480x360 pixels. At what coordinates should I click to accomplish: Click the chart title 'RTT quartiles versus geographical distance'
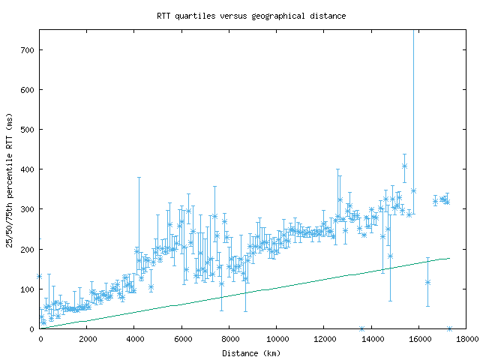[x=251, y=16]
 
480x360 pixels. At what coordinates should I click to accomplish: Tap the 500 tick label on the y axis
[x=28, y=129]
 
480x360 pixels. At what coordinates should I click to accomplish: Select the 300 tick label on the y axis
[x=28, y=208]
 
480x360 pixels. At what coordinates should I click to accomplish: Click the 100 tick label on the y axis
[x=28, y=289]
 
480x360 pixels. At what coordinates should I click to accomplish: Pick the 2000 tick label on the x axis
[x=87, y=338]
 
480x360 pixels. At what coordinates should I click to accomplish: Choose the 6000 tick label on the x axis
[x=181, y=338]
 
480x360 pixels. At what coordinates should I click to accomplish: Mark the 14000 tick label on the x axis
[x=371, y=338]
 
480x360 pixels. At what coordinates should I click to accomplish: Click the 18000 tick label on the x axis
[x=466, y=338]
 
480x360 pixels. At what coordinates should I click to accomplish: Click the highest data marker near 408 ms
[x=404, y=166]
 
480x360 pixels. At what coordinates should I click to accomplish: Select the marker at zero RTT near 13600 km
[x=361, y=328]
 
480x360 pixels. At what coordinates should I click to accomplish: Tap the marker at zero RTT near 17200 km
[x=449, y=328]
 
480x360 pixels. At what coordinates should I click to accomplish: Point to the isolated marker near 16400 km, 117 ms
[x=427, y=282]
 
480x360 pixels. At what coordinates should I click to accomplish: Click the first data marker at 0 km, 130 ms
[x=40, y=276]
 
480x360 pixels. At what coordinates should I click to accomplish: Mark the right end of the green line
[x=449, y=258]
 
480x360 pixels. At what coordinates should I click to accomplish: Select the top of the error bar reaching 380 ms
[x=139, y=178]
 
